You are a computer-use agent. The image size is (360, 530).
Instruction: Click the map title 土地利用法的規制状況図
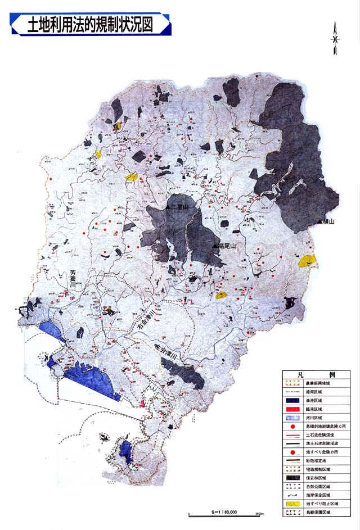(90, 25)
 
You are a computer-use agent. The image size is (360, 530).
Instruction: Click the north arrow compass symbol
(335, 39)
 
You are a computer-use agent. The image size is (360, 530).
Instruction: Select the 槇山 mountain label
(328, 223)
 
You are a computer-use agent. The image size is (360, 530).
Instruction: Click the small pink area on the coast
(143, 404)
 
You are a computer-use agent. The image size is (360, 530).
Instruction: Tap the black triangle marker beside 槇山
(320, 223)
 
